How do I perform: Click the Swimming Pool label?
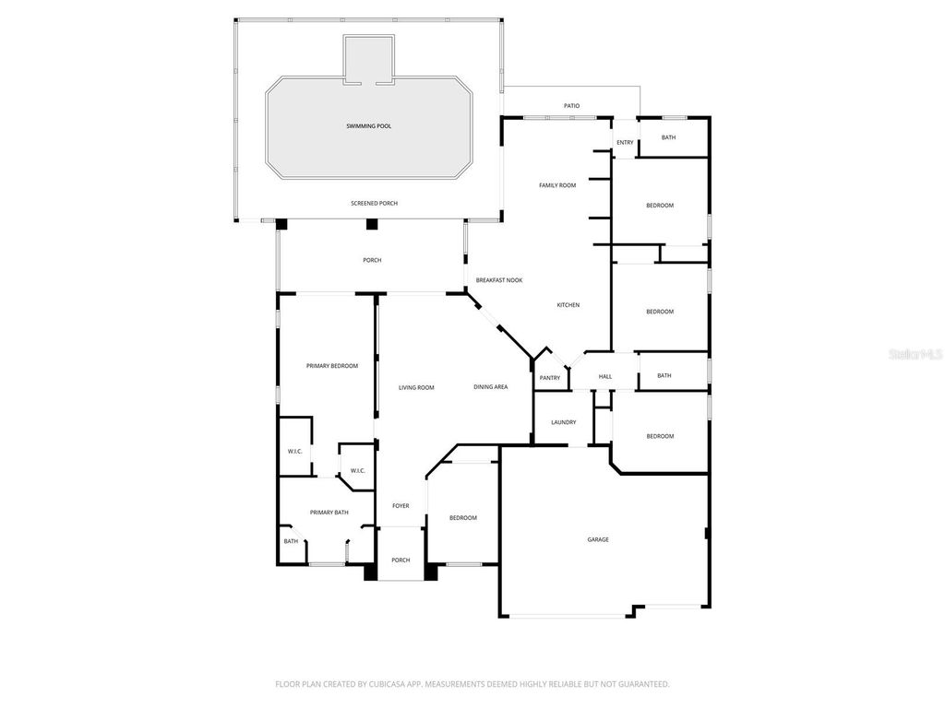368,125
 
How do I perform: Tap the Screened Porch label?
374,203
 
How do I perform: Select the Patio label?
572,106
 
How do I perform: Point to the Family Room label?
557,185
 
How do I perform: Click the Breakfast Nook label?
499,279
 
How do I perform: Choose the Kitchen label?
568,305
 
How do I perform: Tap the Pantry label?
550,377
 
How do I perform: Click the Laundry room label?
563,422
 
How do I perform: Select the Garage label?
598,539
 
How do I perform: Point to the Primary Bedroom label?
331,366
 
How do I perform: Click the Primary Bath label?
329,512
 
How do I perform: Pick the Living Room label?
416,387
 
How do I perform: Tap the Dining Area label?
491,387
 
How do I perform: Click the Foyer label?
401,505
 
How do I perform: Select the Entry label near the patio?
625,142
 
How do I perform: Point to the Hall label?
605,376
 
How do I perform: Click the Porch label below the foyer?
401,560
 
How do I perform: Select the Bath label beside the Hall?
664,375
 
